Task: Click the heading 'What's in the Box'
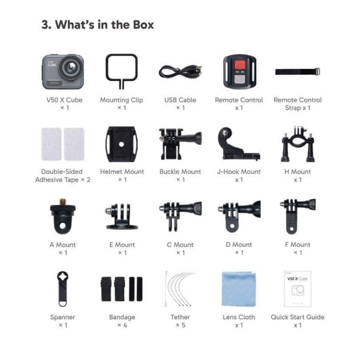pos(97,25)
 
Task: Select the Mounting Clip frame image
pos(121,70)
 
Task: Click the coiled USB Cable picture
pos(180,71)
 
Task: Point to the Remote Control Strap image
pos(297,71)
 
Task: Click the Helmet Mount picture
pos(122,143)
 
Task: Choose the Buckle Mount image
pos(179,143)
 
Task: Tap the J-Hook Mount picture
pos(238,143)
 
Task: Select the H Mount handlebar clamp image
pos(297,143)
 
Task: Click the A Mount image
pos(62,216)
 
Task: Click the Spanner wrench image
pos(62,288)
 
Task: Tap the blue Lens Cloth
pos(239,288)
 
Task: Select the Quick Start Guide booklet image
pos(297,288)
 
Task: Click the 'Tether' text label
pos(180,317)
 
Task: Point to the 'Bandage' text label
pos(122,317)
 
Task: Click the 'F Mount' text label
pos(297,244)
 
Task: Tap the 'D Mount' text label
pos(239,244)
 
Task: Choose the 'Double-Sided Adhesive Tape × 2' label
pos(62,175)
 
